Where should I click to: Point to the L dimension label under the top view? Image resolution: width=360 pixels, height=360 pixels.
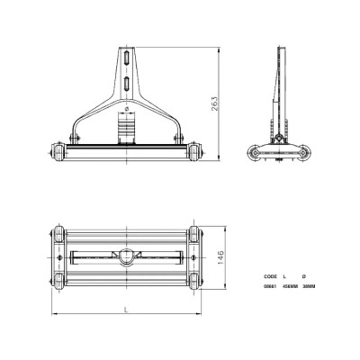(126, 309)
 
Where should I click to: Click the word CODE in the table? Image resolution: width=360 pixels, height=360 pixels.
(270, 276)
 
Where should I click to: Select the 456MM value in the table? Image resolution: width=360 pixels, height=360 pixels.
(291, 286)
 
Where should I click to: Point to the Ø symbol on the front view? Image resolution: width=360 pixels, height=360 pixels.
(128, 109)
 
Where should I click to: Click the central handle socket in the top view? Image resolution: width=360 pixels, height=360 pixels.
(127, 256)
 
